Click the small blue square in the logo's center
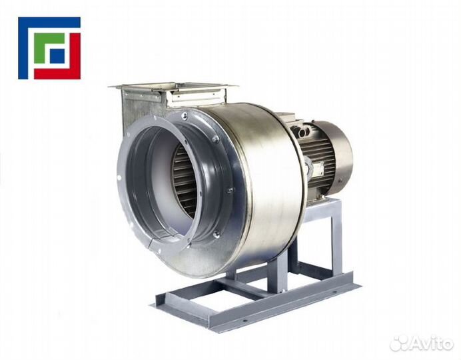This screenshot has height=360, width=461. [57, 55]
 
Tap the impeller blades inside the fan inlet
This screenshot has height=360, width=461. [185, 183]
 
